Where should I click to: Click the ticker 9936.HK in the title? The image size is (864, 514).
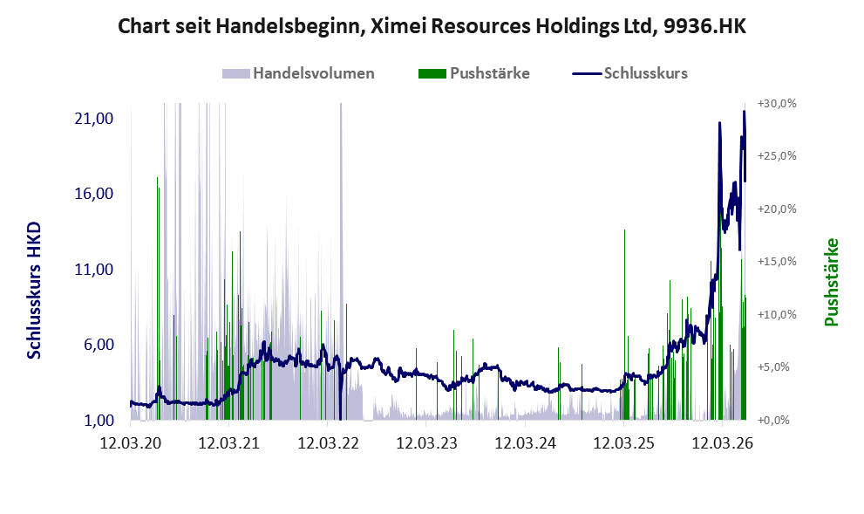pos(704,26)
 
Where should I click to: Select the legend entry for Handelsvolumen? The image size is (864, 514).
pos(298,73)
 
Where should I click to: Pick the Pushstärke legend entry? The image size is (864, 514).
pos(474,73)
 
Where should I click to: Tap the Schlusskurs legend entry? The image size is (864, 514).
pos(629,73)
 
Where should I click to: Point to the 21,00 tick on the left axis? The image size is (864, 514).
pos(93,119)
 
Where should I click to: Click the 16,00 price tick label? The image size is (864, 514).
pos(93,194)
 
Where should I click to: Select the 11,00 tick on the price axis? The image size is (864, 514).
pos(93,269)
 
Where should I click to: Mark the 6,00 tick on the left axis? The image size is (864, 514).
pos(99,345)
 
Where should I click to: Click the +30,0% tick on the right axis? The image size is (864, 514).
pos(777,104)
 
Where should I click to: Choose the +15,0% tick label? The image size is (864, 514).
pos(777,262)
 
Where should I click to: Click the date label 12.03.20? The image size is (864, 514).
pos(131,443)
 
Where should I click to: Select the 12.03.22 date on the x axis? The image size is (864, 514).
pos(329,443)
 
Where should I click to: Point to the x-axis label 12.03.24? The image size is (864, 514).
pos(525,443)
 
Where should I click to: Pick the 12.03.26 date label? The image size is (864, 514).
pos(723,443)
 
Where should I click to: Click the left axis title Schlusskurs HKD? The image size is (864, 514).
pos(34,291)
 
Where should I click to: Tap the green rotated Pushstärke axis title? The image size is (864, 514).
pos(831,283)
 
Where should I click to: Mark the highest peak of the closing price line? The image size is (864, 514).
pos(745,112)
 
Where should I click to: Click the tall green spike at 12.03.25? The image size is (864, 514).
pos(624,325)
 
